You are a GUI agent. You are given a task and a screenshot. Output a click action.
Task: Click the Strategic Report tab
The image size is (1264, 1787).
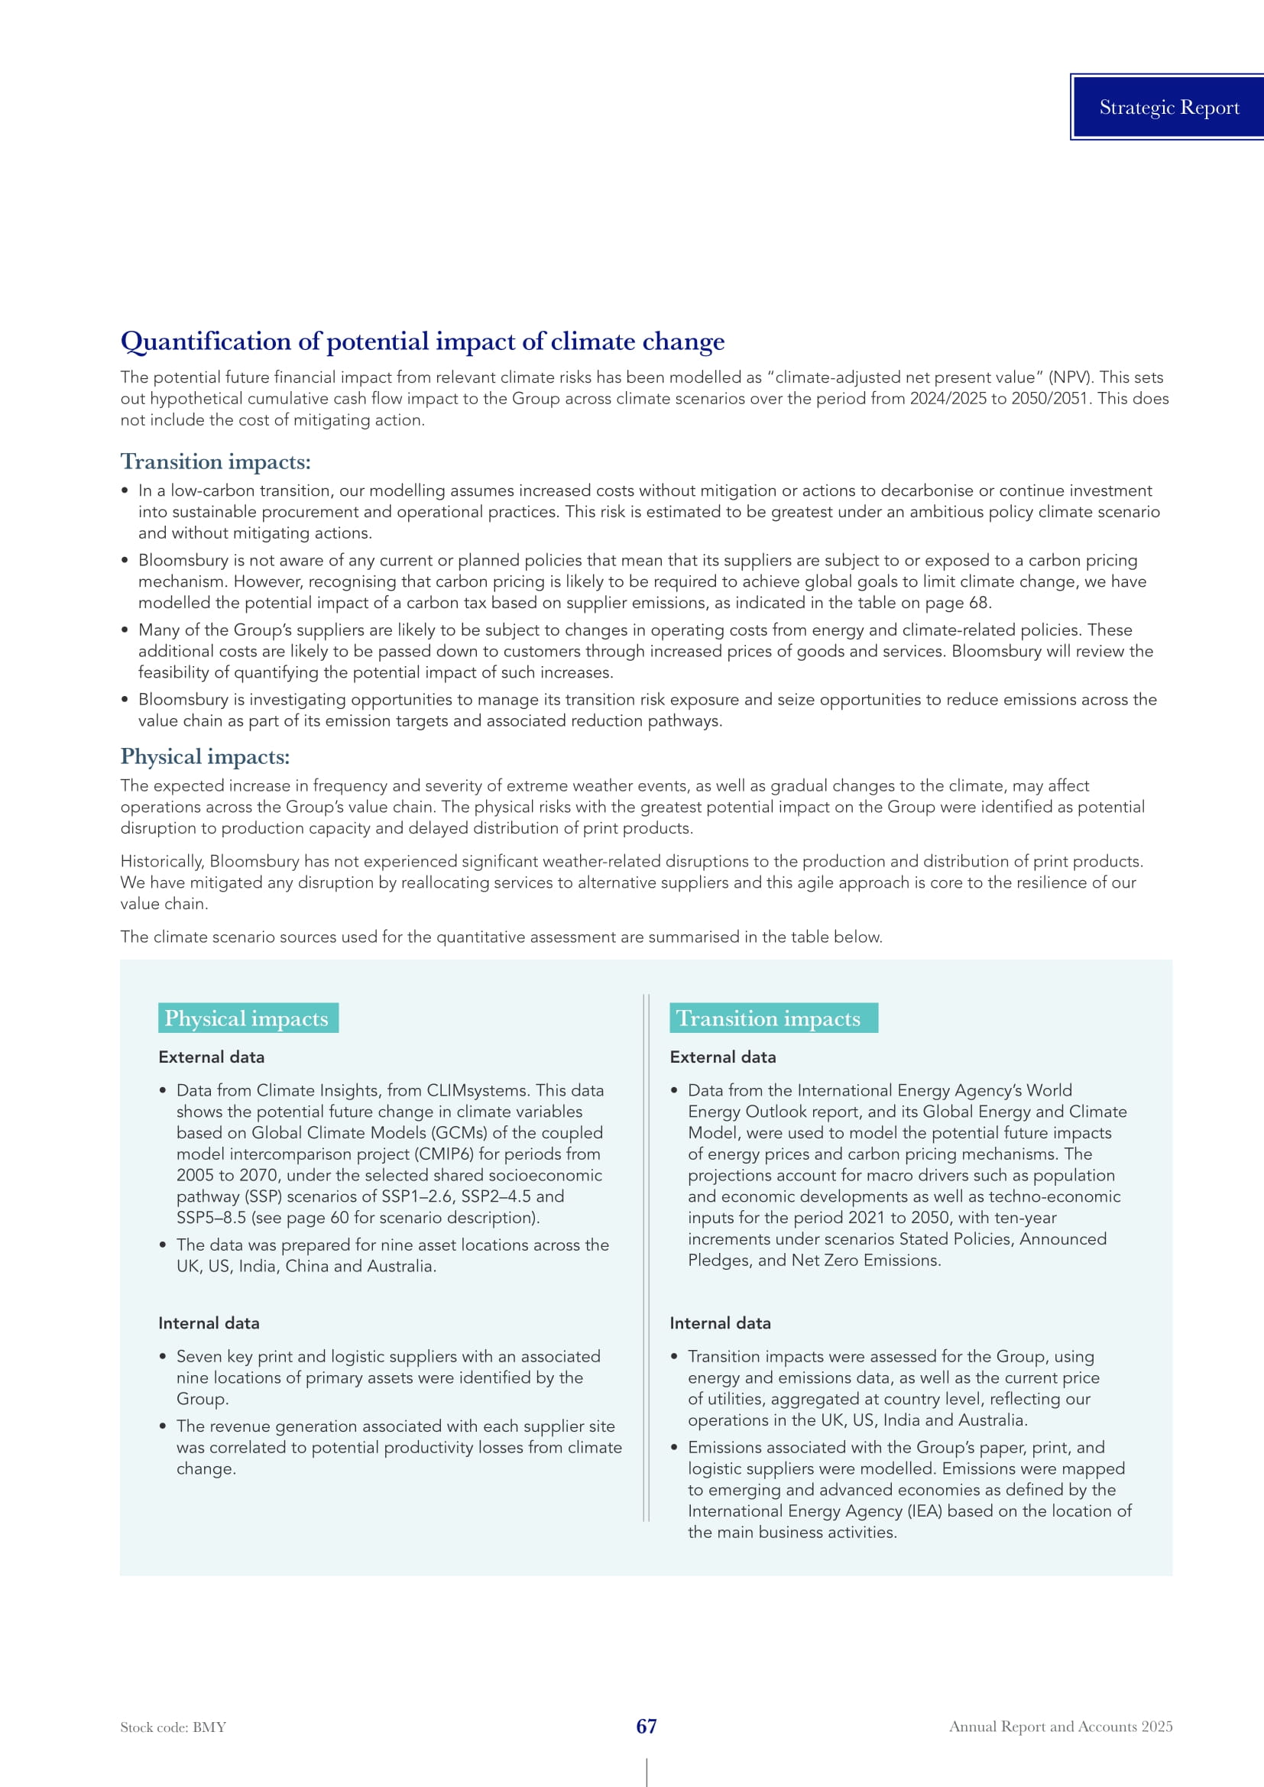(1168, 108)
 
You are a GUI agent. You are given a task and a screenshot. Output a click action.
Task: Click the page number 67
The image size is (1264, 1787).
(646, 1727)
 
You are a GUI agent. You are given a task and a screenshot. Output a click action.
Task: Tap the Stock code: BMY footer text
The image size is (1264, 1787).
(173, 1727)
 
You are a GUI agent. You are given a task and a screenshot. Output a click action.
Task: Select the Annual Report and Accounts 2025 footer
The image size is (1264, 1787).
(1060, 1727)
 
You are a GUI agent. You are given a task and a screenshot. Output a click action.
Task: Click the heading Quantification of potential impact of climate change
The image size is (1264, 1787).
(422, 341)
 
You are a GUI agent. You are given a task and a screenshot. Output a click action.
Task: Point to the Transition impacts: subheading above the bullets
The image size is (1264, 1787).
(215, 461)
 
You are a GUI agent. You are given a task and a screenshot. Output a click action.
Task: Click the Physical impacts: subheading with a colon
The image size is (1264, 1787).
(205, 756)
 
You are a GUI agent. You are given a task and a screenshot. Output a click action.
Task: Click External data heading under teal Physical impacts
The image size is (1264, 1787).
(211, 1057)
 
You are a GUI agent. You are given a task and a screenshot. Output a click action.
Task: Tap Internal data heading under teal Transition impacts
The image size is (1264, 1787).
(720, 1323)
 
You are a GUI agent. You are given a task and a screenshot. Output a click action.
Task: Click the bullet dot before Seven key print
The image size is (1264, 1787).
(163, 1357)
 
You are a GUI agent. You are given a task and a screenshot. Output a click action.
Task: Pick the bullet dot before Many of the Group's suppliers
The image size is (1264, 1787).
(125, 630)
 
